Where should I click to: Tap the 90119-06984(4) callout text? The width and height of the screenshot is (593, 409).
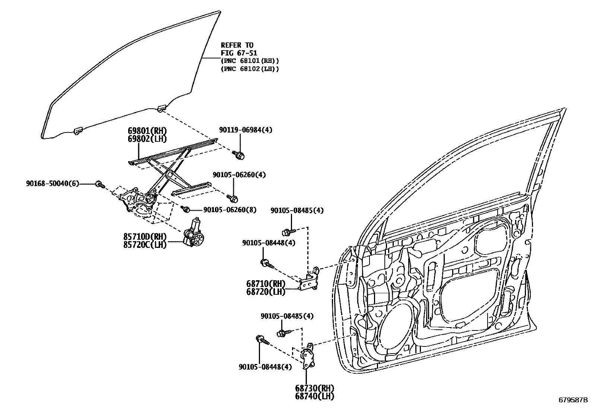245,130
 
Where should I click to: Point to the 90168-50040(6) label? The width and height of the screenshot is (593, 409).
53,183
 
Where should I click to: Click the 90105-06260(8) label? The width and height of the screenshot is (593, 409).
230,210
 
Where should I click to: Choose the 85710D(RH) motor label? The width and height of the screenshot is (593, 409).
145,237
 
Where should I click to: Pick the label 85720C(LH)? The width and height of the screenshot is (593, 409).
145,245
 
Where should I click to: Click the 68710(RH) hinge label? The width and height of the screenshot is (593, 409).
266,284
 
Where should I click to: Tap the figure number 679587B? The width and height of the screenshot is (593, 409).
573,400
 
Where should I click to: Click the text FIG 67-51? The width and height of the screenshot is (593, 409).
239,53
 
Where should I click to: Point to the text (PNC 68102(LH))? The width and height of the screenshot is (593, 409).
250,69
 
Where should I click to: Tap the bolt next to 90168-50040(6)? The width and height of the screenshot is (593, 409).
99,184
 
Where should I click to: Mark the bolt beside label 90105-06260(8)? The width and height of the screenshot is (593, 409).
186,210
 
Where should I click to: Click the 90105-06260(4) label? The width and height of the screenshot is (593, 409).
240,175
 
